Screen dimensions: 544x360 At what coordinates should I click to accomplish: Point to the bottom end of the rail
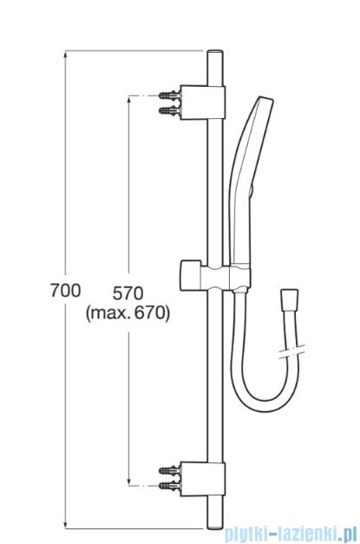click(x=215, y=521)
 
